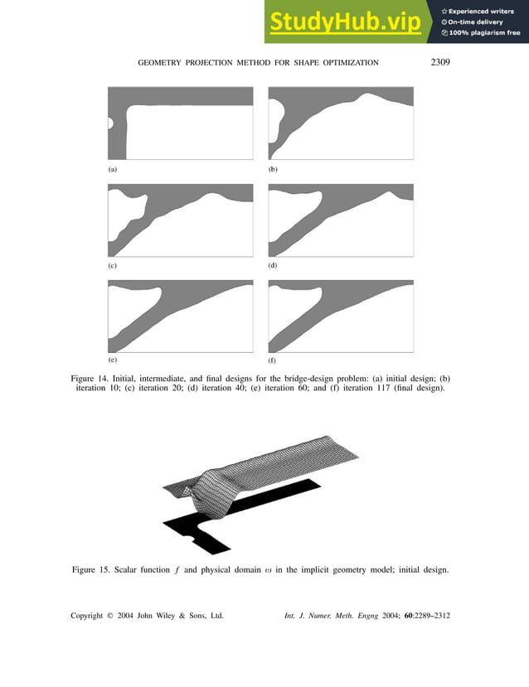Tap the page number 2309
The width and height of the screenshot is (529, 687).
pos(440,62)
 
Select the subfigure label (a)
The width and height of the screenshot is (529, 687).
pos(112,168)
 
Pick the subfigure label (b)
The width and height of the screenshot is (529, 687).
pos(273,168)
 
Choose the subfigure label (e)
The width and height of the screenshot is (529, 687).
pos(112,361)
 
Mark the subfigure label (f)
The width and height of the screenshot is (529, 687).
pos(272,362)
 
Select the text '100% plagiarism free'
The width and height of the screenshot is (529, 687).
pos(483,32)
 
